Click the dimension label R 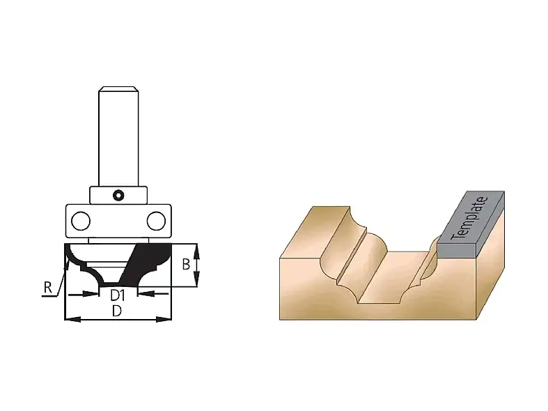[48, 288]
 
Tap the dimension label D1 [118, 295]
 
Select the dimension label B [186, 264]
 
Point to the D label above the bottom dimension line [117, 311]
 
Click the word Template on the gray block [469, 218]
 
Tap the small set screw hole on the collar [118, 195]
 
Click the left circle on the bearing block [81, 221]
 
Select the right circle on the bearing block [156, 221]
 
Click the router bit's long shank [118, 137]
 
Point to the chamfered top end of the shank [118, 88]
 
